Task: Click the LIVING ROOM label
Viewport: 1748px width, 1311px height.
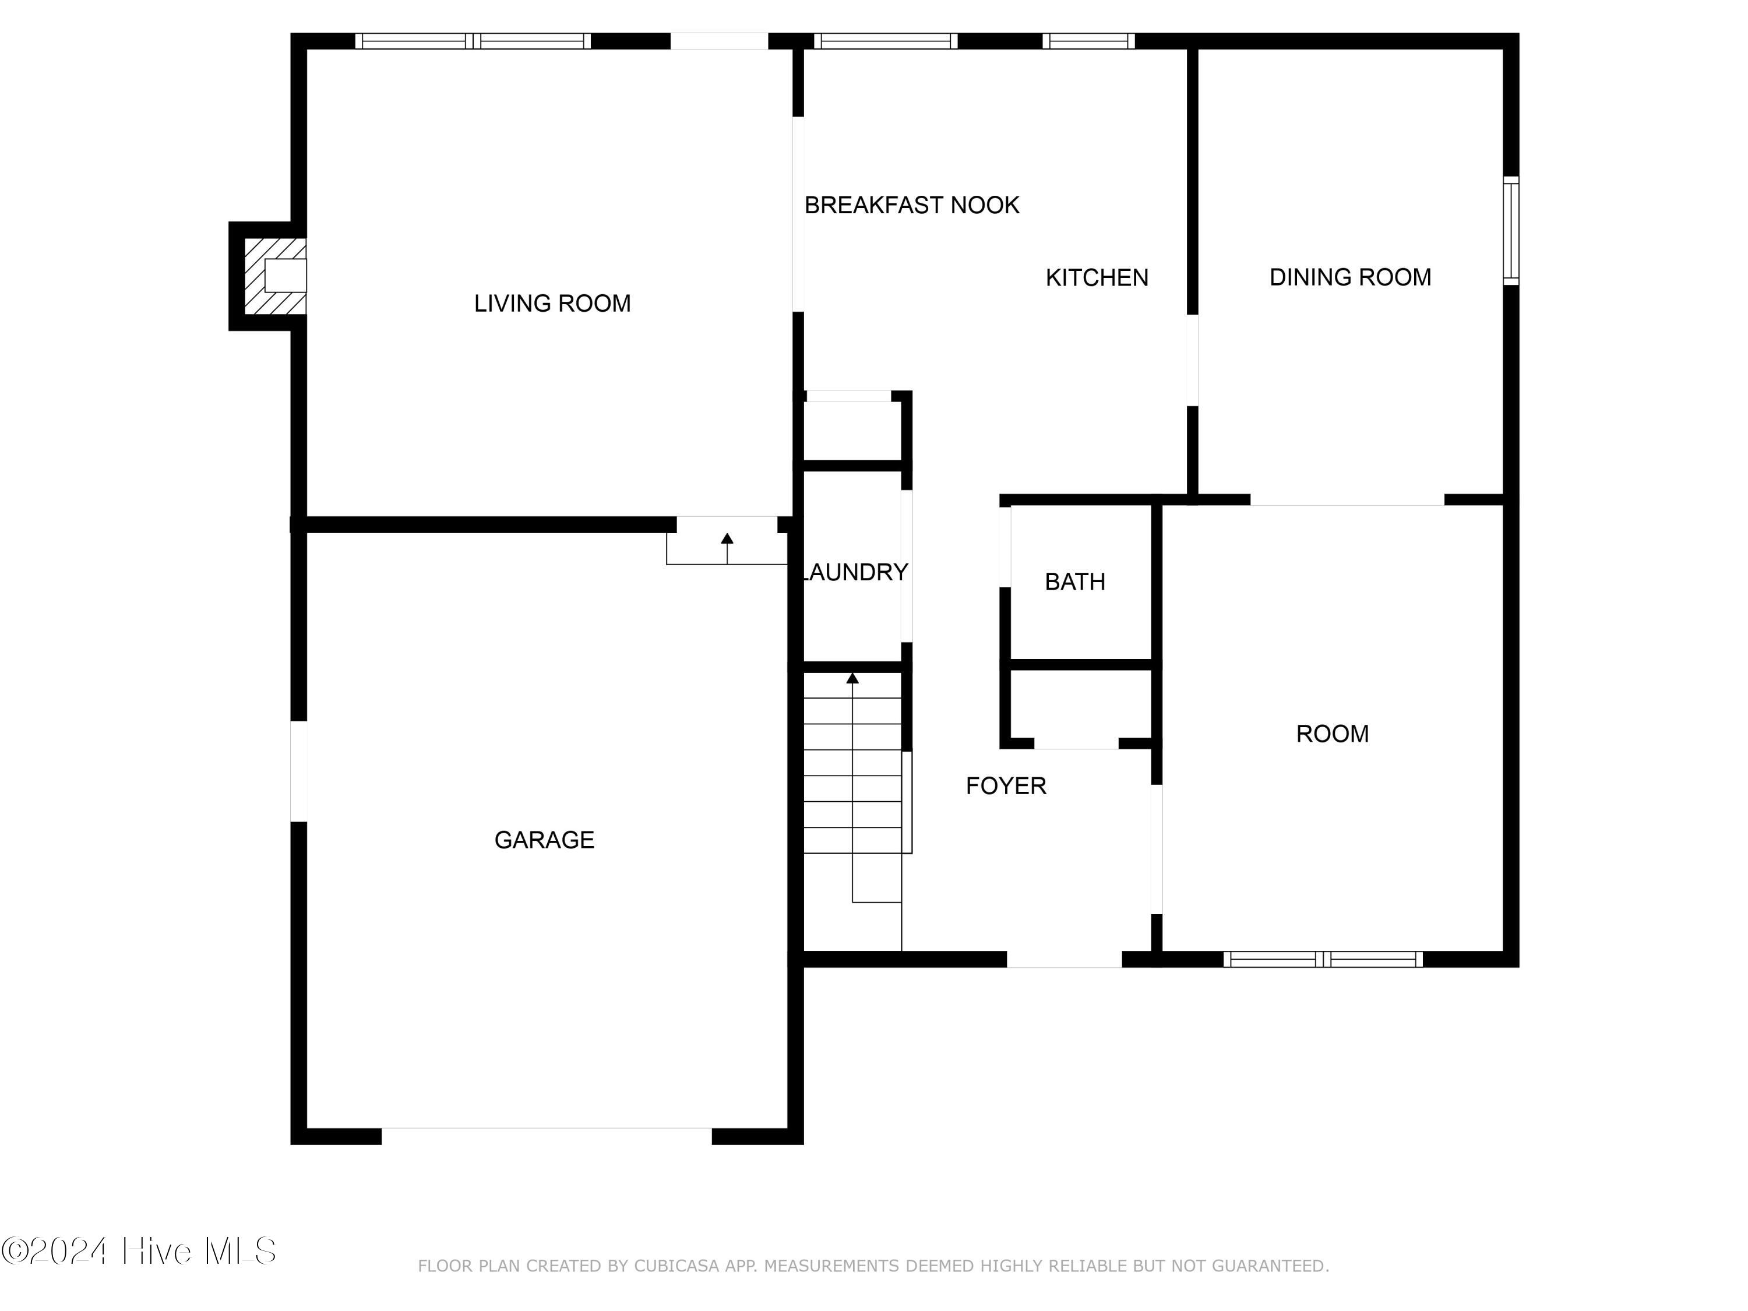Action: coord(552,304)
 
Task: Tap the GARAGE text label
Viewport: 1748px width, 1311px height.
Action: coord(544,840)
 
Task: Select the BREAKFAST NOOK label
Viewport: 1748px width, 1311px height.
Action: coord(912,206)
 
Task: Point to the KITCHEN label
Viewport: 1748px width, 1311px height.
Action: coord(1097,277)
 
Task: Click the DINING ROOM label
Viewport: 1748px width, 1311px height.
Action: coord(1351,277)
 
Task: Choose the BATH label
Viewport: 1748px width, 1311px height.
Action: coord(1074,582)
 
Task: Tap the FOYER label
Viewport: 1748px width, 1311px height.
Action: coord(1006,785)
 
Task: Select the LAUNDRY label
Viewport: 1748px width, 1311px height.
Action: coord(855,572)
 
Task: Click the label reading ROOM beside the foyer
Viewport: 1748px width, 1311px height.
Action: coord(1333,734)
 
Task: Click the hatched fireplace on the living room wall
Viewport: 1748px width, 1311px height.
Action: coord(274,276)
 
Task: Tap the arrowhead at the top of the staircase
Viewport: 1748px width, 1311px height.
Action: coord(852,678)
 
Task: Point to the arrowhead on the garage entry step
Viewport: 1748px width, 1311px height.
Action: coord(727,538)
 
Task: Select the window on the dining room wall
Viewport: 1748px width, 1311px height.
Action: coord(1511,231)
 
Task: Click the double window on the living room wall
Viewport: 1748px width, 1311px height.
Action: coord(473,41)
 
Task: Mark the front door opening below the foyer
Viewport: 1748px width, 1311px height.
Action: coord(1065,959)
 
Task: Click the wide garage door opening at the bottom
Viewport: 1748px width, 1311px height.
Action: coord(547,1136)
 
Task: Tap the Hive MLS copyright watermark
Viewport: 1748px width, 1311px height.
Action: coord(139,1251)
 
